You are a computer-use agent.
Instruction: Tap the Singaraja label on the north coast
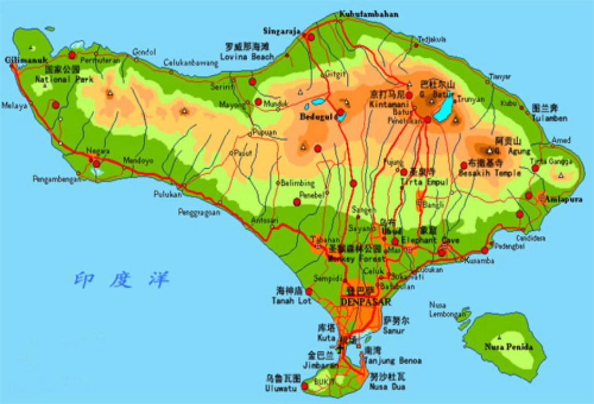281,31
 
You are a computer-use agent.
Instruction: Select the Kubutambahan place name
369,14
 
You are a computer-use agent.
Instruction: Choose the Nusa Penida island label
508,347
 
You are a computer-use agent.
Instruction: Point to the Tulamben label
549,118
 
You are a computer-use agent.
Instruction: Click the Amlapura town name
563,200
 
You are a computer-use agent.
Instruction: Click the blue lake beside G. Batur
443,109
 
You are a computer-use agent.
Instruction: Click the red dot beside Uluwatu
305,386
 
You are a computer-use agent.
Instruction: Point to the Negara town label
98,151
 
